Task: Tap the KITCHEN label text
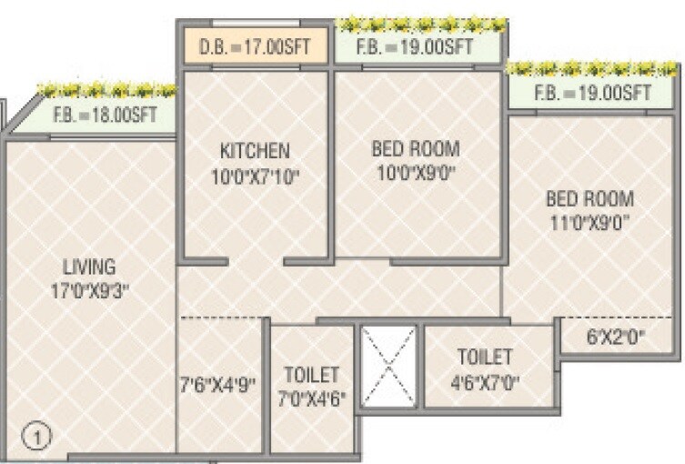(x=255, y=151)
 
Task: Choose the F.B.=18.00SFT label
(x=105, y=116)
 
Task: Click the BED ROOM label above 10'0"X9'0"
(x=416, y=149)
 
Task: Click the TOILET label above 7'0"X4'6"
(x=312, y=374)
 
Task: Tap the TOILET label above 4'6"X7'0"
(x=484, y=357)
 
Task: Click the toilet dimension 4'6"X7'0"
(x=484, y=381)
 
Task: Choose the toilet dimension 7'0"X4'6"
(x=312, y=398)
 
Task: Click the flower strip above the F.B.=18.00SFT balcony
(x=106, y=90)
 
